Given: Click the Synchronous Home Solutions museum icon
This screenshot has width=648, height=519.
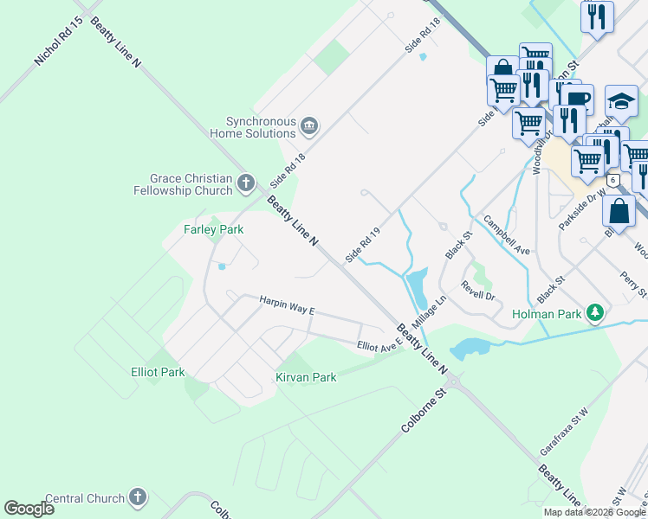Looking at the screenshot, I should (x=308, y=128).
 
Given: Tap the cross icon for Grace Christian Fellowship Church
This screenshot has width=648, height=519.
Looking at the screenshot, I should (x=246, y=183).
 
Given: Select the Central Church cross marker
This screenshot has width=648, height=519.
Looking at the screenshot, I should (x=137, y=497).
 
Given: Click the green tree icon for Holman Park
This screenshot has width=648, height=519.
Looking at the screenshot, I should (x=595, y=312).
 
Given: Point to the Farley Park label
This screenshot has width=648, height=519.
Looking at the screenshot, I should (x=213, y=229).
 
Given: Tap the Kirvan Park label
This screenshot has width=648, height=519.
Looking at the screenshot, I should (x=306, y=377).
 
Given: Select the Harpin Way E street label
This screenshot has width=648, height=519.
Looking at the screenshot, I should (x=287, y=304).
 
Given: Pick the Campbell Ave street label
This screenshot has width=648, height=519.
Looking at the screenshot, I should (x=507, y=234).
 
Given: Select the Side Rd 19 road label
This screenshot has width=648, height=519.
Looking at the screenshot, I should (x=363, y=245).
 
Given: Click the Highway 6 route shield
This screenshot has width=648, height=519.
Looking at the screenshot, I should (x=613, y=181).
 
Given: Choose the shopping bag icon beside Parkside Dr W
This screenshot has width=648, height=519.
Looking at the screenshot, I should (x=619, y=211).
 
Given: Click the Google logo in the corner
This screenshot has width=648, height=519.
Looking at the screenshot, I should (x=29, y=508).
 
